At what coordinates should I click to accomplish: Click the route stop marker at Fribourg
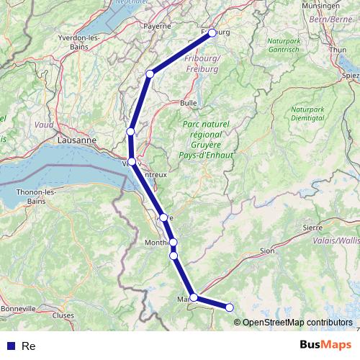click(x=212, y=33)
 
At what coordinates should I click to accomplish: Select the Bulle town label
click(x=189, y=103)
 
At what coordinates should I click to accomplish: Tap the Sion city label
click(x=267, y=251)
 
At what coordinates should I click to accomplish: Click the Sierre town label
click(x=312, y=227)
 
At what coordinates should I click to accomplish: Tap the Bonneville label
click(x=19, y=308)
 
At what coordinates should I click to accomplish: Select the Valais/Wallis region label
click(x=335, y=241)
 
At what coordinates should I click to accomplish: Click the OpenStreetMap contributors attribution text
click(x=297, y=322)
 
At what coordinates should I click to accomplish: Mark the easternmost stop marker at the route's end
click(x=230, y=308)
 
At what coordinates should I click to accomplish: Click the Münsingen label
click(x=341, y=6)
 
